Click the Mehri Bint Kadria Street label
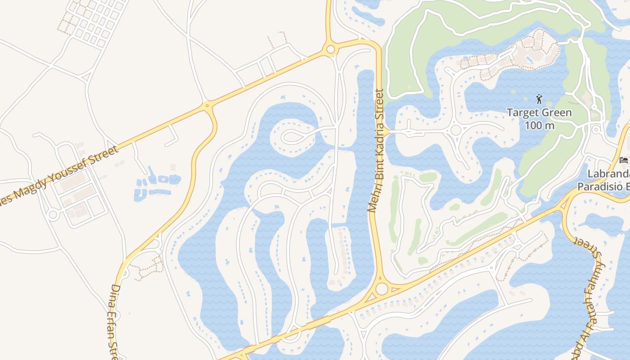376,151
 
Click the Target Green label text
539,112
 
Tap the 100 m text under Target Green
539,125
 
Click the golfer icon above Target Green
539,99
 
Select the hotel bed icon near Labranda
624,160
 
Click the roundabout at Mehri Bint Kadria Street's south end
382,288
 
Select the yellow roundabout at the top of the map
331,49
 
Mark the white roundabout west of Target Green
456,130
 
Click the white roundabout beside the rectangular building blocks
53,215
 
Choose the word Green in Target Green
556,112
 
